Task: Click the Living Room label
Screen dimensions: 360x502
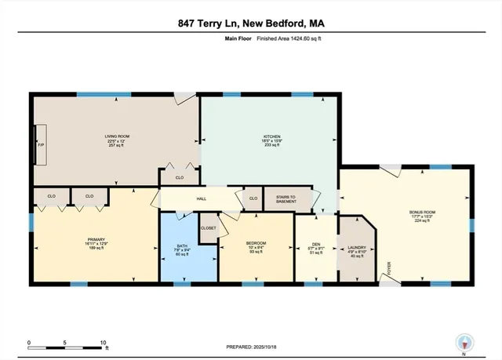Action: tap(117, 136)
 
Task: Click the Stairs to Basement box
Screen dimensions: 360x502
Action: tap(279, 199)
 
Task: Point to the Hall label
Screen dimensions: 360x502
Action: tap(201, 199)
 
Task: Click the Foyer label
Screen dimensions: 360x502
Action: tap(387, 274)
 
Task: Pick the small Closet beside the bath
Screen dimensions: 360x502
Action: tap(208, 228)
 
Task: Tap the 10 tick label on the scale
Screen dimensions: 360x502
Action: tap(103, 344)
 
